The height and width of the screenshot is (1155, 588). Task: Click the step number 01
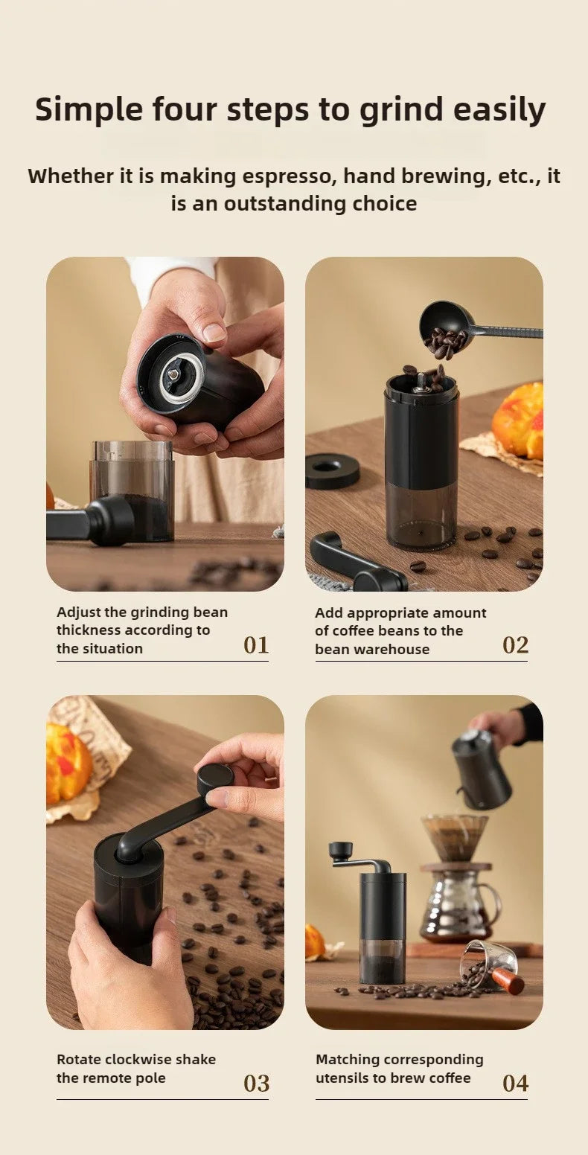click(256, 644)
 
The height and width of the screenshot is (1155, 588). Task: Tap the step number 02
click(515, 644)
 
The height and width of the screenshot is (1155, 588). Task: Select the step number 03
click(256, 1084)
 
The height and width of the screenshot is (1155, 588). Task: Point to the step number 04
click(515, 1084)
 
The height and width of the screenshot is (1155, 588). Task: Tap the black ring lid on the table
click(332, 470)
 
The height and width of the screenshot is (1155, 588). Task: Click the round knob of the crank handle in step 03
click(215, 778)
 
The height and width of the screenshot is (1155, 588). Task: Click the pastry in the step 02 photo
click(519, 420)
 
